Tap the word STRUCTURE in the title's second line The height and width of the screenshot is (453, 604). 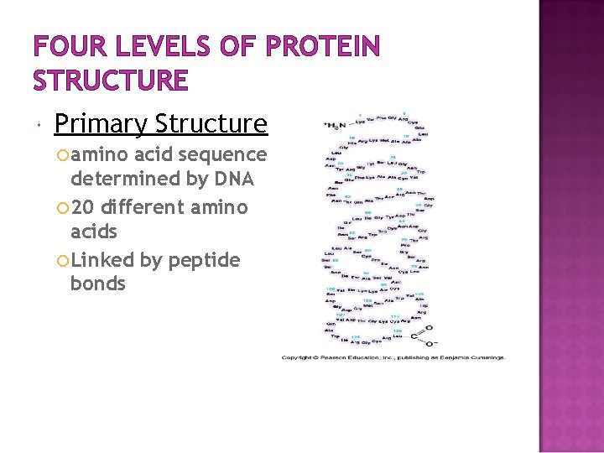click(x=111, y=81)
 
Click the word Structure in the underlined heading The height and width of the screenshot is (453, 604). click(x=211, y=125)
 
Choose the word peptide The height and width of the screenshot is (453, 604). click(x=205, y=261)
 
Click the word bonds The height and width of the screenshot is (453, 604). click(x=98, y=284)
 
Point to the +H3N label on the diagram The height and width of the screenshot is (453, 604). click(x=336, y=125)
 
